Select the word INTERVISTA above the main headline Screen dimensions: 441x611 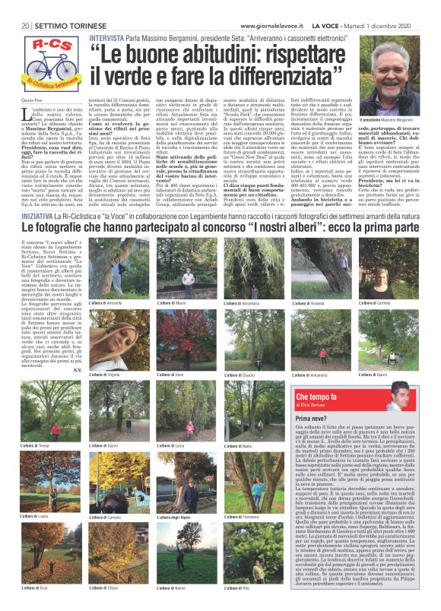(106, 37)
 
